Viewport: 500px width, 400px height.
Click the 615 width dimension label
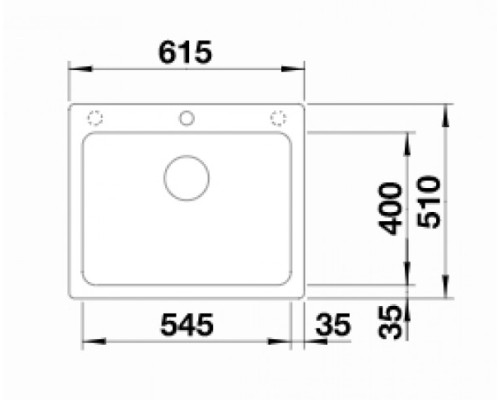(186, 54)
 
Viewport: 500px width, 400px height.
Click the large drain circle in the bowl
(186, 178)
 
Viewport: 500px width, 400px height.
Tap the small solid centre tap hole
(186, 118)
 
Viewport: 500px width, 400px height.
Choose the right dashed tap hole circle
(277, 118)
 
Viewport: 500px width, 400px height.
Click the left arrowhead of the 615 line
(74, 70)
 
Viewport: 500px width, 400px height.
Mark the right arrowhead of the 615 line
(299, 70)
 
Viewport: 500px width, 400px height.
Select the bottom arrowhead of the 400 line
(407, 279)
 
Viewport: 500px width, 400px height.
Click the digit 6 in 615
(165, 54)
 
